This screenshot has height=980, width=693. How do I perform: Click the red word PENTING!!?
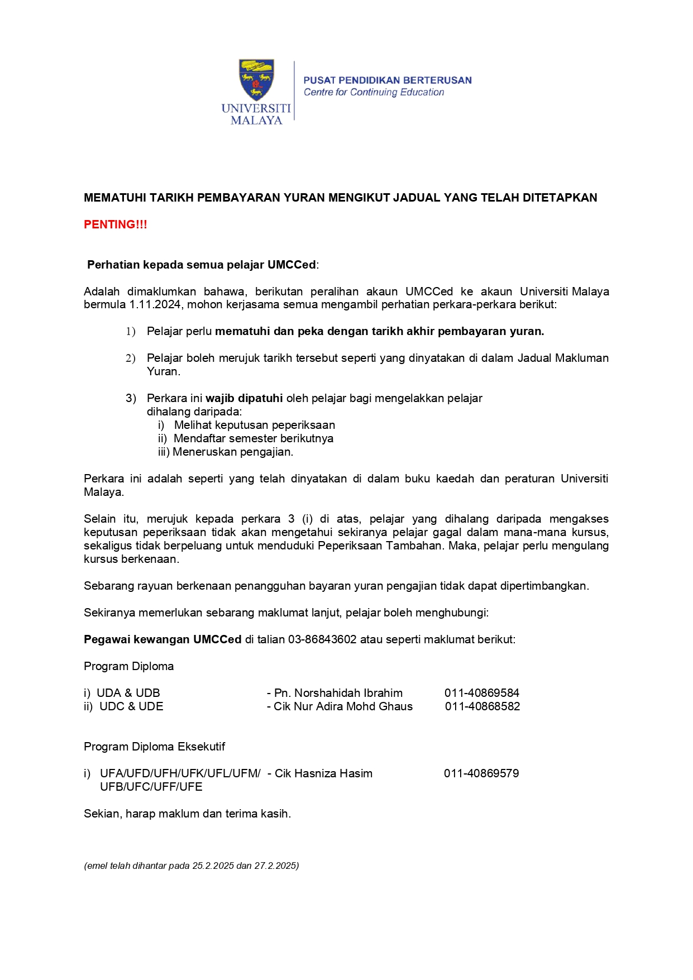click(x=116, y=224)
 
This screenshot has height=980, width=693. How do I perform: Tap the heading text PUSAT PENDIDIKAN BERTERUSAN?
click(x=388, y=80)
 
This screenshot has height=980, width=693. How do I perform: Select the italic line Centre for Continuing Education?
click(x=374, y=93)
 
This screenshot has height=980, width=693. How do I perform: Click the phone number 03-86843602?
click(x=322, y=640)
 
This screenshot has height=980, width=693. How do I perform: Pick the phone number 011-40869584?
click(x=482, y=694)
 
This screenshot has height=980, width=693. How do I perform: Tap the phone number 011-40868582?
click(x=482, y=707)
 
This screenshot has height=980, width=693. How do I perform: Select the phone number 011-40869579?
click(x=481, y=774)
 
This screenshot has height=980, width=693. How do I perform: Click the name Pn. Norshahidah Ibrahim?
click(x=338, y=694)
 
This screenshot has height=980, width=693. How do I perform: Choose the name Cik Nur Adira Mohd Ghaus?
click(x=343, y=707)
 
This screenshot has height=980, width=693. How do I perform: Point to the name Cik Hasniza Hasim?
click(x=323, y=774)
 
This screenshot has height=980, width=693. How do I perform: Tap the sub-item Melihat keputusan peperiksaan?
click(x=255, y=426)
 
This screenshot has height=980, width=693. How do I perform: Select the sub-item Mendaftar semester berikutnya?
click(x=254, y=439)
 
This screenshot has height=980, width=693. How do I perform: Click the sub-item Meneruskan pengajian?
click(x=233, y=452)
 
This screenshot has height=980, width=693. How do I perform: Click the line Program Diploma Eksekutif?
click(x=155, y=747)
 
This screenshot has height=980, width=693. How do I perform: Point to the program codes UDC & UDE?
click(x=131, y=707)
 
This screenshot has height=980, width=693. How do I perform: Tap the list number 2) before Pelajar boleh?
click(x=131, y=358)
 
